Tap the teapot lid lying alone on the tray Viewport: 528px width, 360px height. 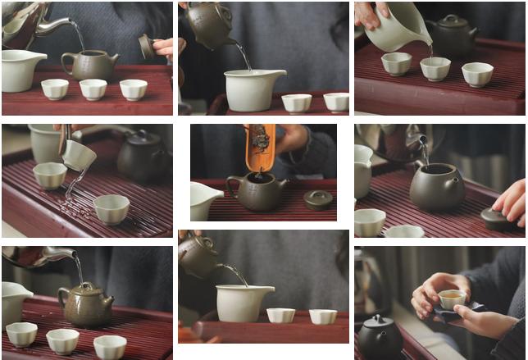[x=318, y=199]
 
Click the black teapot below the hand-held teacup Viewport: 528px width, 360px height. [x=381, y=337]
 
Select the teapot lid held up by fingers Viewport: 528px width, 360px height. [x=145, y=46]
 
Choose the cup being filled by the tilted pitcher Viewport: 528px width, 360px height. [x=435, y=67]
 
